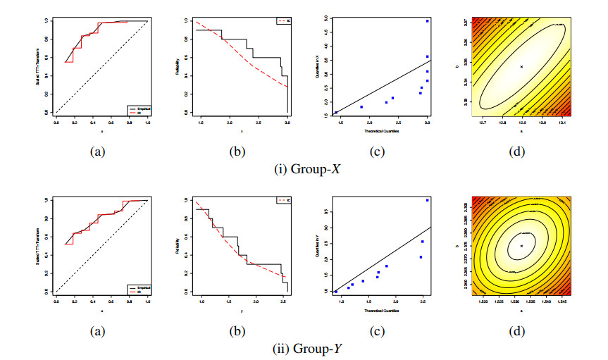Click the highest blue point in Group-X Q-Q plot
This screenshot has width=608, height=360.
coord(428,21)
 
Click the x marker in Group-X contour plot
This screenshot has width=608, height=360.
coord(521,66)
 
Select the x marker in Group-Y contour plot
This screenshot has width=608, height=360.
coord(521,246)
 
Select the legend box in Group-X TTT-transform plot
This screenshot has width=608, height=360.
coord(137,108)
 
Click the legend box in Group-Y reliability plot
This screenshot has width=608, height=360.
coord(283,201)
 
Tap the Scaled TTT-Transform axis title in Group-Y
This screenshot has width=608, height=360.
coord(36,246)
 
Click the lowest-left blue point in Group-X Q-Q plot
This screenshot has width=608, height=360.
coord(336,113)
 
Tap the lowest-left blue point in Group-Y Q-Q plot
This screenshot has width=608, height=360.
coord(336,291)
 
